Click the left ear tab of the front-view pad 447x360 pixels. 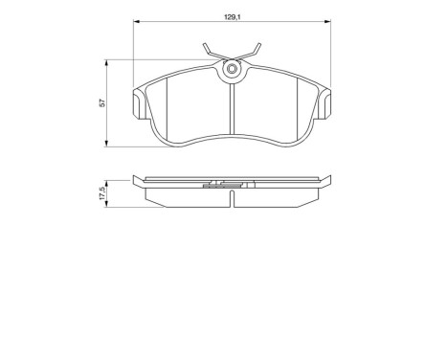point(138,100)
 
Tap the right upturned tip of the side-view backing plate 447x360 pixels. point(330,179)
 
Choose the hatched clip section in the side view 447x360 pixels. point(231,186)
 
